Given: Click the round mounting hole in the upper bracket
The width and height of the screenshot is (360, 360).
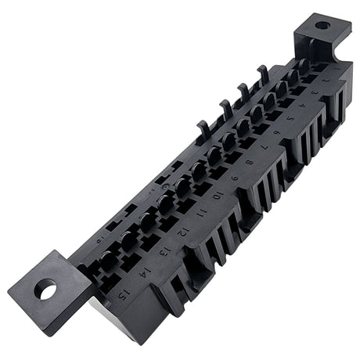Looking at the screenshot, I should (322, 25).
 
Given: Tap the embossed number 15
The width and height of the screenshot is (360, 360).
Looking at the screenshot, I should (123, 294).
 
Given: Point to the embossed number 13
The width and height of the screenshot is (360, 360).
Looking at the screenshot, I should (166, 251).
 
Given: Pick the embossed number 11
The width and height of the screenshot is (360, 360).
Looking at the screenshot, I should (200, 213).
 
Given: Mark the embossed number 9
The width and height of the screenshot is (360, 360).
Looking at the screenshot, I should (234, 178).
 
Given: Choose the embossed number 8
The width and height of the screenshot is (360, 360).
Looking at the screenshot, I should (250, 162).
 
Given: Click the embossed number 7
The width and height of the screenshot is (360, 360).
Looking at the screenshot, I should (265, 147).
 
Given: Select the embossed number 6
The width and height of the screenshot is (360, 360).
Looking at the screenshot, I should (278, 132).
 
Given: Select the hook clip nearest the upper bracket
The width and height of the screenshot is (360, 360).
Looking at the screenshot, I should (263, 71).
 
